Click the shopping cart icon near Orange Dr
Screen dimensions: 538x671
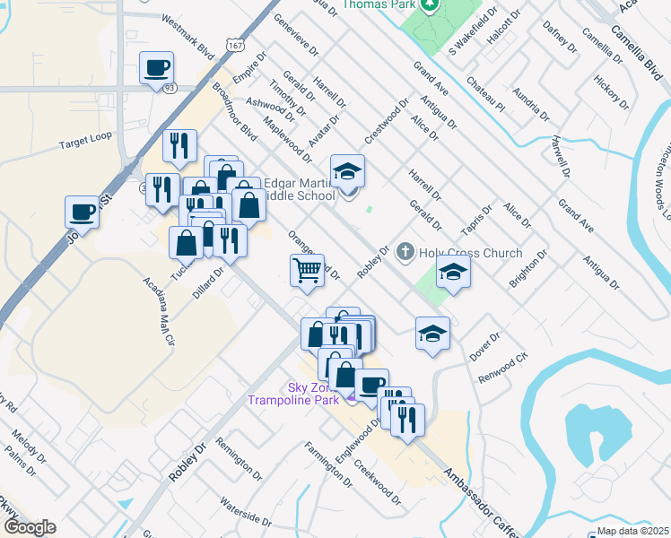coord(308,269)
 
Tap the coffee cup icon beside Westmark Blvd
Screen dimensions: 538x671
coord(156,67)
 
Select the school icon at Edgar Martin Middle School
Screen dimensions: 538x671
coord(348,169)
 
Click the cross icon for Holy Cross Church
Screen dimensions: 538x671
coord(405,253)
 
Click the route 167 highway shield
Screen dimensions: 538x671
coord(234,44)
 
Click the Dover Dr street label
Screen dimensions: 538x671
coord(485,347)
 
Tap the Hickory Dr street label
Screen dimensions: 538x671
coord(613,93)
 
